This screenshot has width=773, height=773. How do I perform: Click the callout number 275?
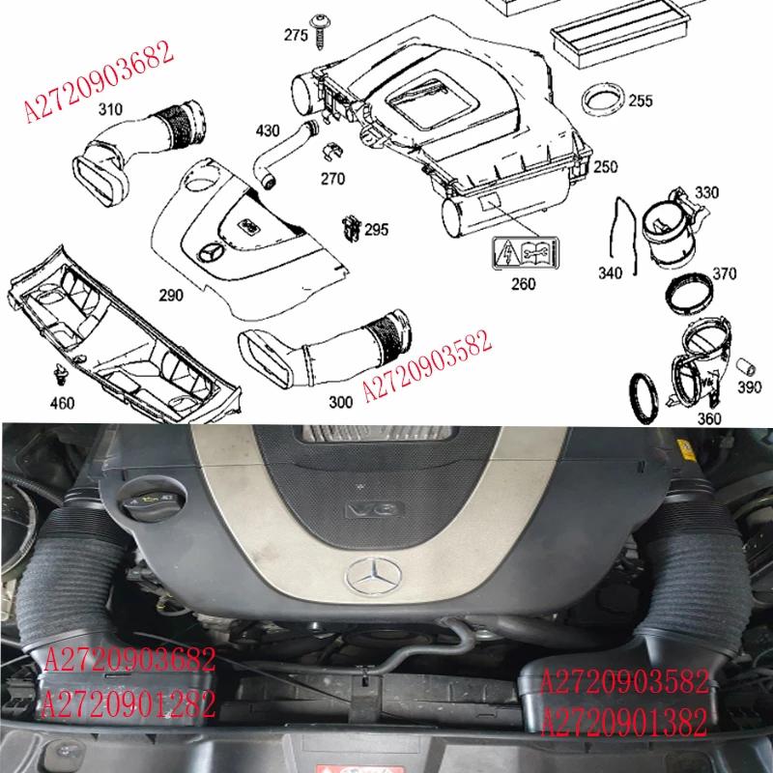pos(296,36)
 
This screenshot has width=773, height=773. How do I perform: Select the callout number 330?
pos(706,193)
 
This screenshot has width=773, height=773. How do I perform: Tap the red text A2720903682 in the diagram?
pos(98,81)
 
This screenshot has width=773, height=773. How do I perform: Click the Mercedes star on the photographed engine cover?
pos(372,577)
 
